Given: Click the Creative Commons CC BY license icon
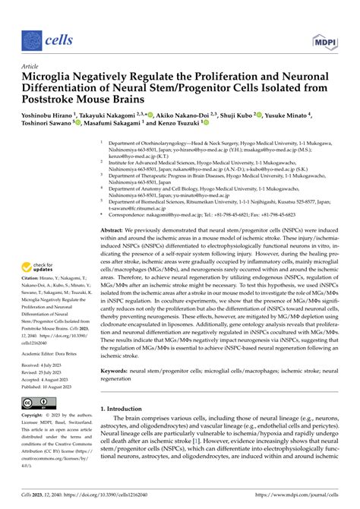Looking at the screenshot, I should coord(37,403).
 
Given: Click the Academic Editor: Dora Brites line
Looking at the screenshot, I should coord(54,353).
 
